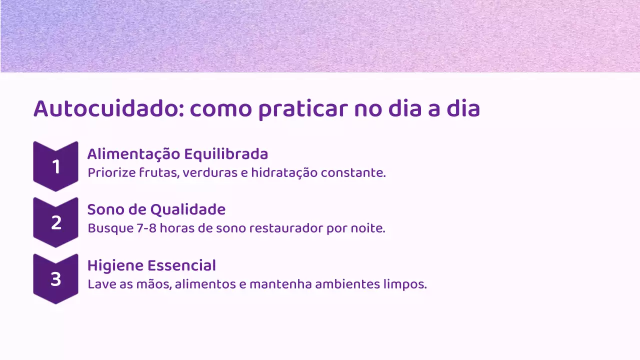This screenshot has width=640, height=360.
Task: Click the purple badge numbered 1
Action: [55, 166]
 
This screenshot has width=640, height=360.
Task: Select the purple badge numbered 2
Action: [55, 222]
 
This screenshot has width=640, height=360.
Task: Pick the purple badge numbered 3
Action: [55, 278]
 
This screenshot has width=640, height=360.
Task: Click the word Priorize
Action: [107, 173]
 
